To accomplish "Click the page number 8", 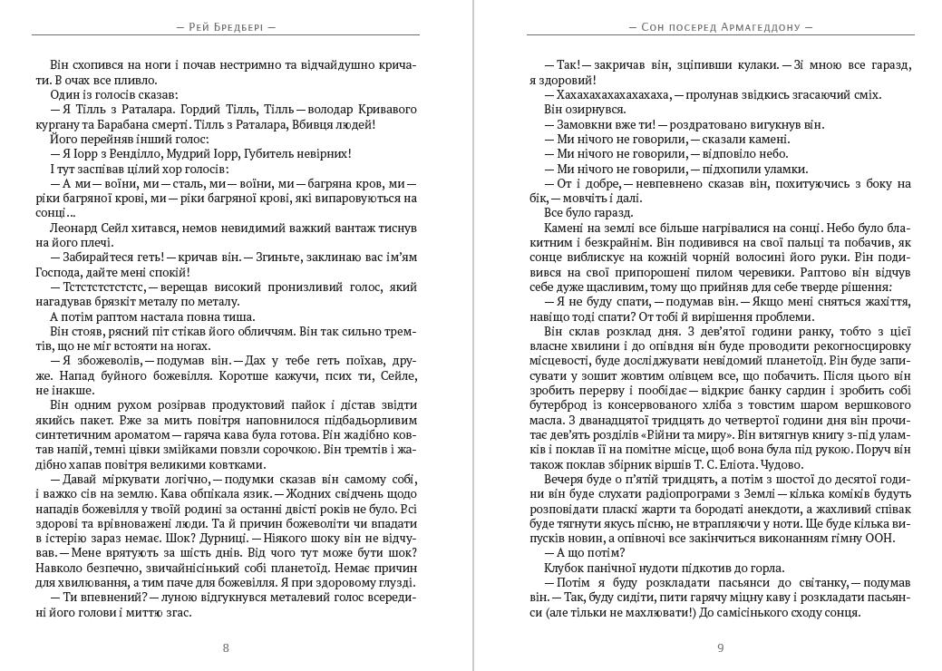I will point(226,647).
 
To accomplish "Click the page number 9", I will point(721,647).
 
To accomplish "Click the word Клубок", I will point(562,567).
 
